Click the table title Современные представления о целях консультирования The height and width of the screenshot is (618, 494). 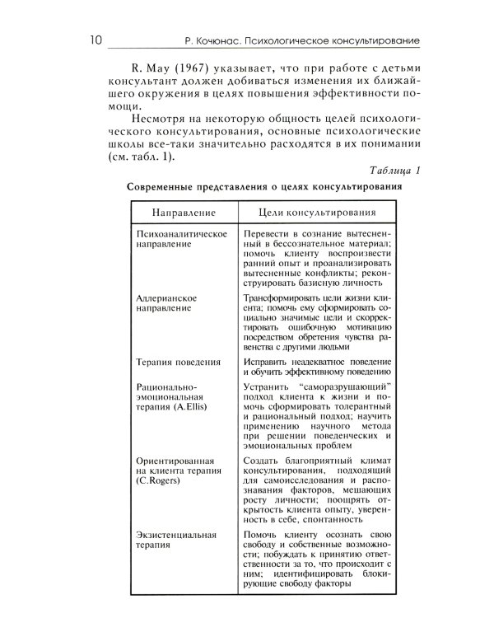point(265,188)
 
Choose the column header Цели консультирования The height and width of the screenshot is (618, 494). point(317,213)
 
